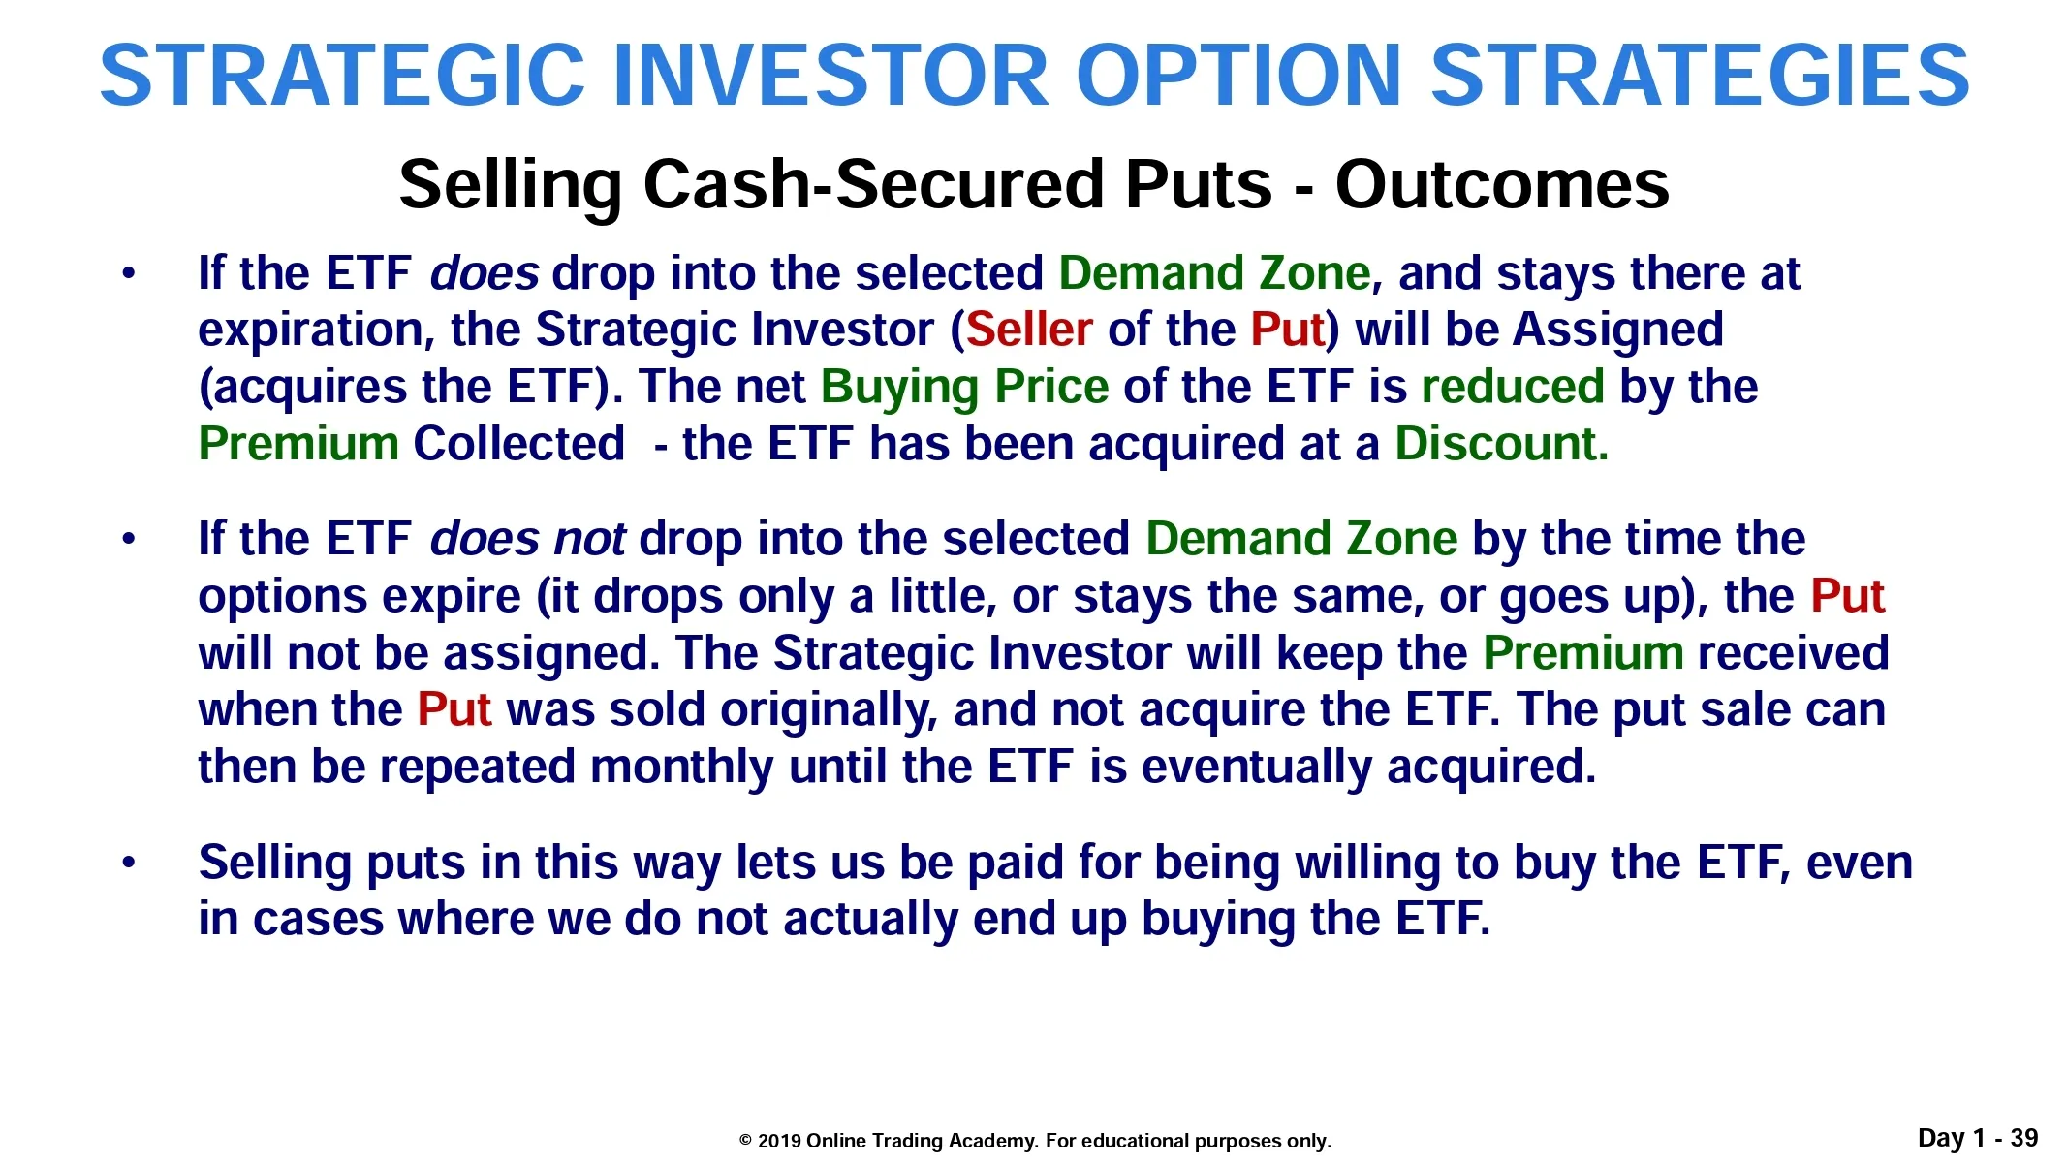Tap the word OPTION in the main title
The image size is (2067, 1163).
[x=1239, y=75]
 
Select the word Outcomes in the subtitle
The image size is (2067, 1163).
[x=1502, y=184]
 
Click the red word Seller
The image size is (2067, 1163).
[x=1029, y=330]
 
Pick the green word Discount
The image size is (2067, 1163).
[x=1502, y=444]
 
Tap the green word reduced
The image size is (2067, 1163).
[x=1513, y=387]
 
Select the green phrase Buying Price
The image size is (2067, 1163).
[x=965, y=388]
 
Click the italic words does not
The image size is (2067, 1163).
[x=528, y=539]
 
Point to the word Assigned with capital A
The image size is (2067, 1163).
[x=1617, y=330]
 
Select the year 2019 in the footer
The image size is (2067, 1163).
[x=779, y=1141]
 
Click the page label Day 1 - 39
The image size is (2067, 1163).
[x=1978, y=1138]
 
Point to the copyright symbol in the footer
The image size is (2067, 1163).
[x=745, y=1141]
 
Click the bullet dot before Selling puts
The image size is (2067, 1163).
[x=129, y=862]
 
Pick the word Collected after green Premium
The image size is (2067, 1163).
[x=519, y=444]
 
